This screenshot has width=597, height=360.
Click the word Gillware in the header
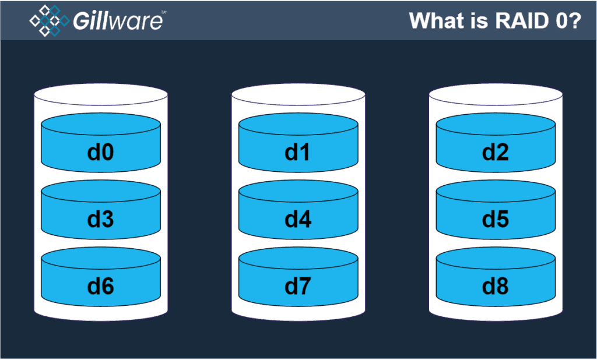[x=117, y=21]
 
